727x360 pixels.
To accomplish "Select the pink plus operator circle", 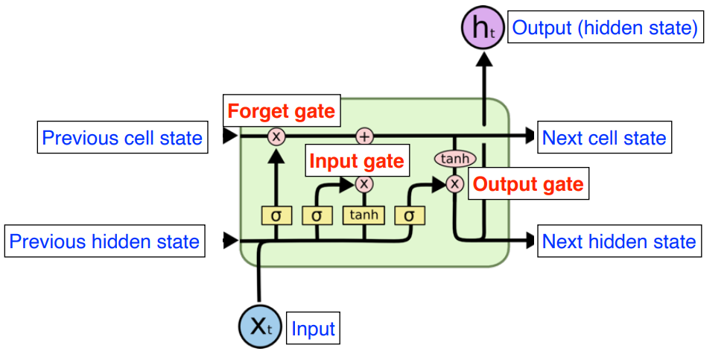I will [x=363, y=136].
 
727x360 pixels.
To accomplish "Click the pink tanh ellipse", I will [x=454, y=159].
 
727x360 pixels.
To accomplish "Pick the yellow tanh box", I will [x=363, y=215].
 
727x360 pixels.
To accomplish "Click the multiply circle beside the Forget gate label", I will [x=276, y=136].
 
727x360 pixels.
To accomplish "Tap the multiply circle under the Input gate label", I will [x=363, y=183].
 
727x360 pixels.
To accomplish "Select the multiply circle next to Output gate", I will [x=454, y=183].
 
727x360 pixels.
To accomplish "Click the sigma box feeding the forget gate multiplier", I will [x=276, y=215].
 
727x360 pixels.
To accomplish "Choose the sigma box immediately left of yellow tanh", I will [x=317, y=215].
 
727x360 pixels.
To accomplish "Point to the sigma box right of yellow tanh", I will [x=409, y=215].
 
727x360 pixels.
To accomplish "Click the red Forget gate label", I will [x=281, y=112].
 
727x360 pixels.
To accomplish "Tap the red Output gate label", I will [x=528, y=183].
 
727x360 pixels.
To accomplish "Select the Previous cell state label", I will [x=122, y=138].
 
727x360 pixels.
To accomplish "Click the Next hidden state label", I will [x=619, y=241].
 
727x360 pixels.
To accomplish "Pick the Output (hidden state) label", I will [x=605, y=28].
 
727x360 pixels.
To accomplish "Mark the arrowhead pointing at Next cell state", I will [x=529, y=136].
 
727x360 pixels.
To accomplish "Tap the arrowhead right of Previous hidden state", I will [x=230, y=240].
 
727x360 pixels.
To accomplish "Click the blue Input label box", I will [x=313, y=328].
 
